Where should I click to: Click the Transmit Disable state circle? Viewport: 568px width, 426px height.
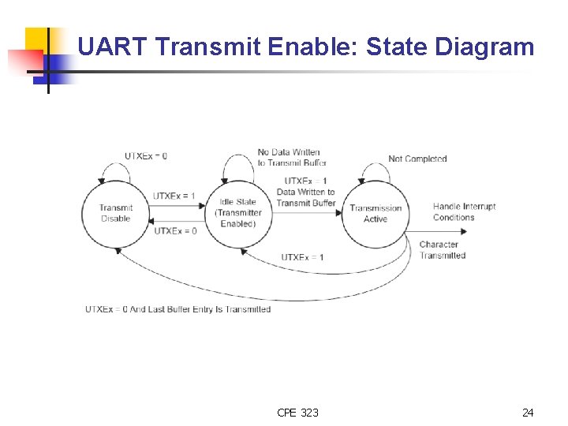pos(116,213)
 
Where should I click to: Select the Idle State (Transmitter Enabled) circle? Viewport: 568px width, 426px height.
pos(238,213)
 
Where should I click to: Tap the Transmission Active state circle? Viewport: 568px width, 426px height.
pos(376,214)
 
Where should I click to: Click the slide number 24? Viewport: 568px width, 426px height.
pos(528,413)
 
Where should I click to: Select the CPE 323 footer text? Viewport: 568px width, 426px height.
pos(298,413)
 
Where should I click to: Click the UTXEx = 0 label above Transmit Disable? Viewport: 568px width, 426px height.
pos(146,156)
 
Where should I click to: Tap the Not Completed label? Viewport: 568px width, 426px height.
pos(417,159)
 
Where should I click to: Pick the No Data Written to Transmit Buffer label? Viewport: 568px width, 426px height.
pos(291,157)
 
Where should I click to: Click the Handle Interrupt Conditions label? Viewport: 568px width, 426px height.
pos(464,211)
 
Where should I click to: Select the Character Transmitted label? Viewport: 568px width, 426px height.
pos(442,249)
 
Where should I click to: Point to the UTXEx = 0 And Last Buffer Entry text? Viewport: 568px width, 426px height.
pos(177,309)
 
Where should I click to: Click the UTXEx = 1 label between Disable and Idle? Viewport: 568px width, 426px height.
pos(174,196)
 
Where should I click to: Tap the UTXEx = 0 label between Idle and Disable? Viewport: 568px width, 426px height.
pos(175,231)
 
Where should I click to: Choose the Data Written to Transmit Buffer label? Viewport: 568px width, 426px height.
pos(306,197)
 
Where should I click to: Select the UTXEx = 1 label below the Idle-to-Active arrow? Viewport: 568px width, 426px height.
pos(302,257)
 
